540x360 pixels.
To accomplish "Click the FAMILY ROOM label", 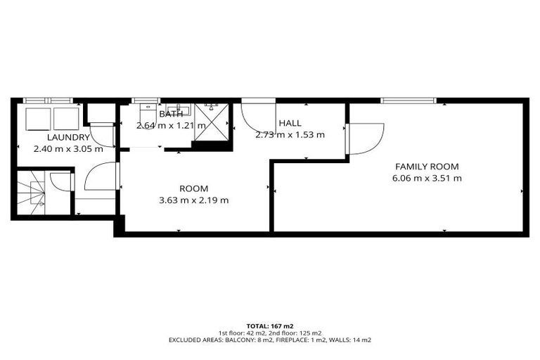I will [x=426, y=167].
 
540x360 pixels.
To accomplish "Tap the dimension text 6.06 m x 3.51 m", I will [x=426, y=178].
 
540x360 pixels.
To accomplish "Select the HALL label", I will [x=290, y=123].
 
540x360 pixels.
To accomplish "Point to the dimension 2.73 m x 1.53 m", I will [x=290, y=134].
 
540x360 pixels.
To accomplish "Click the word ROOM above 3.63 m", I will [x=194, y=188].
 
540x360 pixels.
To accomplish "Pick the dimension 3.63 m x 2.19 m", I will [x=194, y=200].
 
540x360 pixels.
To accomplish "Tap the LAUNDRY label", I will [x=68, y=137].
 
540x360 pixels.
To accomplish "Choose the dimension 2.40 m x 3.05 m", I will [x=68, y=148].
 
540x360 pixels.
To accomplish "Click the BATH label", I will [x=171, y=114].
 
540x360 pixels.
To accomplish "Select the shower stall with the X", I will [x=212, y=122].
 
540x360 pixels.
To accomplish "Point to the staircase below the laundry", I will [x=32, y=193].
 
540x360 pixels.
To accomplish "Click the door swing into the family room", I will [x=365, y=138].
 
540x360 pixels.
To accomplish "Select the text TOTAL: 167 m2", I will [x=270, y=326].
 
